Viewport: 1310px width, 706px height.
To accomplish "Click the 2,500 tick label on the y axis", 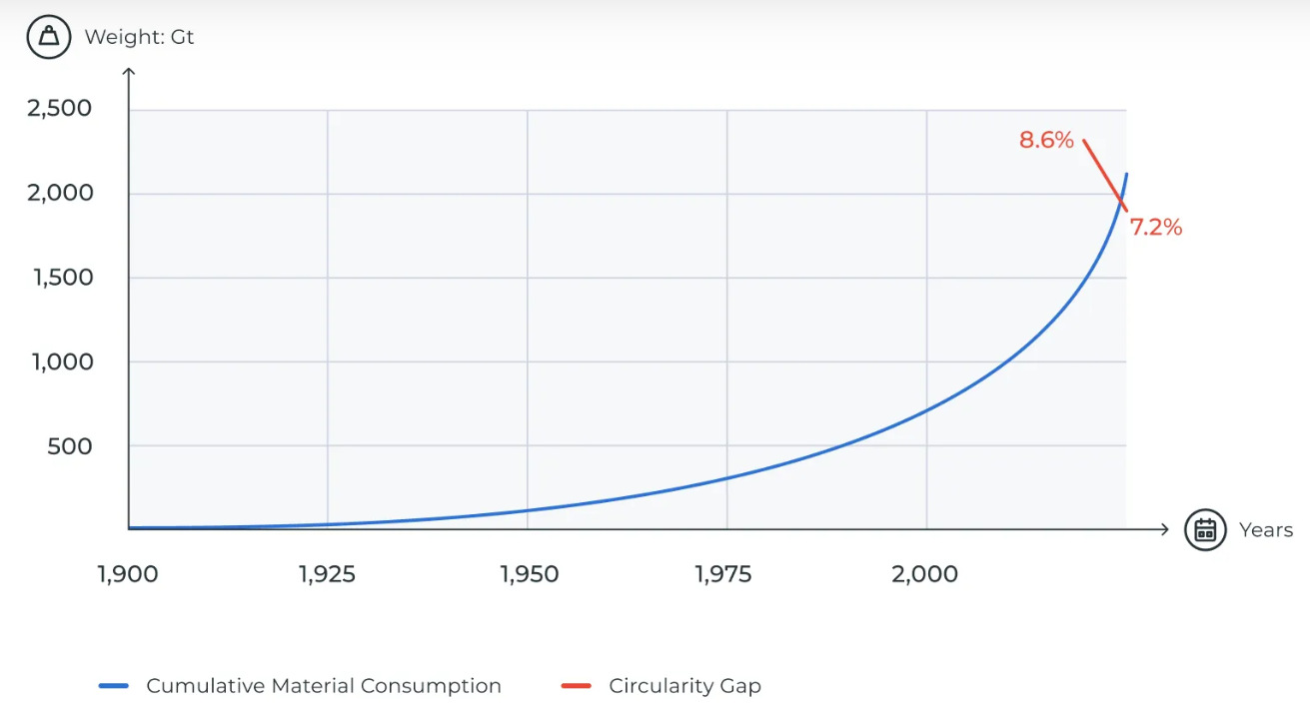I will pyautogui.click(x=60, y=108).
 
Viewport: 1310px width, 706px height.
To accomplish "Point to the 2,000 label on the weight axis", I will pyautogui.click(x=60, y=193).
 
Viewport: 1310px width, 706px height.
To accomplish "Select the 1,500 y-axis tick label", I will pyautogui.click(x=63, y=278).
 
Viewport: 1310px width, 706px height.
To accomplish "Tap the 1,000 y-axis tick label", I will pyautogui.click(x=63, y=362).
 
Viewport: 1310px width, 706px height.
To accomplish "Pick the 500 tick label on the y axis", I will pyautogui.click(x=70, y=446).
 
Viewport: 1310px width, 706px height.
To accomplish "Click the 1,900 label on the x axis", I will pyautogui.click(x=128, y=574).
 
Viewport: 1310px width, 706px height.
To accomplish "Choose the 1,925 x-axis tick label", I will pyautogui.click(x=327, y=574).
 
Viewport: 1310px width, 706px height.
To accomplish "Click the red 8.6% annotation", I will pyautogui.click(x=1046, y=140).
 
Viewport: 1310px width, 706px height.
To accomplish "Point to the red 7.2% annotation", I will pyautogui.click(x=1156, y=228).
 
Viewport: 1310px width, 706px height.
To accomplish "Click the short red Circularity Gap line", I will pyautogui.click(x=1104, y=174).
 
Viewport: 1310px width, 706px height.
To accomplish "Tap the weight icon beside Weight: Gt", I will pyautogui.click(x=49, y=38).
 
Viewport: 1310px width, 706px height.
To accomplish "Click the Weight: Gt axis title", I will pyautogui.click(x=139, y=38).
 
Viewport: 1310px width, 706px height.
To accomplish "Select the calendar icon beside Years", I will pyautogui.click(x=1205, y=529).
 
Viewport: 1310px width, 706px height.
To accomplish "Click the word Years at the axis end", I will pyautogui.click(x=1266, y=530).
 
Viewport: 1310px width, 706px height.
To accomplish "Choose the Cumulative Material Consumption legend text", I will pyautogui.click(x=324, y=686).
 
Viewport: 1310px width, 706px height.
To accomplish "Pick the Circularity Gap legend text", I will pyautogui.click(x=684, y=686).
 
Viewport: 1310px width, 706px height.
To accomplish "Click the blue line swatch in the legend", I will pyautogui.click(x=115, y=686).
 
